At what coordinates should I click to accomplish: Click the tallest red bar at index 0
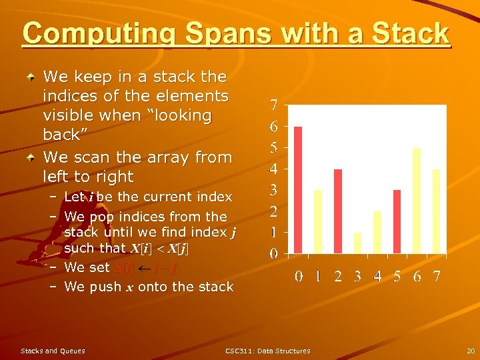point(298,190)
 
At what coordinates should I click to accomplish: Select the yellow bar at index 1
point(318,221)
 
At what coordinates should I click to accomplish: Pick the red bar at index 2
point(338,211)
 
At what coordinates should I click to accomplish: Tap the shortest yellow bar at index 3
point(357,243)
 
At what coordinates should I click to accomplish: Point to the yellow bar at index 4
point(377,232)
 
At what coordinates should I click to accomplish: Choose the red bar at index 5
point(397,221)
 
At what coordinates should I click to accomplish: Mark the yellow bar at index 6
point(417,201)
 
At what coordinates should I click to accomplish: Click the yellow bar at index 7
point(437,211)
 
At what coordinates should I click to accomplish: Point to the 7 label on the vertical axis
point(274,105)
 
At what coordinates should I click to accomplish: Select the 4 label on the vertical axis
point(274,169)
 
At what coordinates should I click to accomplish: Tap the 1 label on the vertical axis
point(274,233)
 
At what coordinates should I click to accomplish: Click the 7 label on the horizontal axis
point(437,276)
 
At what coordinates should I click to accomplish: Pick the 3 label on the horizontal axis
point(357,276)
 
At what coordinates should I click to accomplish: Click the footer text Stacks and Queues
point(53,351)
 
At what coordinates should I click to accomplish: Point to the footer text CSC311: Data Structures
point(267,351)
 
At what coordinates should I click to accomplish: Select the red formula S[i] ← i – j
point(146,268)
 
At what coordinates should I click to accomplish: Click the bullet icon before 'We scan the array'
point(31,158)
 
